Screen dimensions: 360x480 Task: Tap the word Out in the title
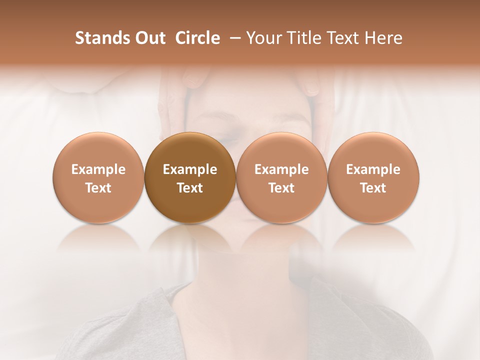pos(149,38)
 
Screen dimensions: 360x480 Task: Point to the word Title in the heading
pos(301,38)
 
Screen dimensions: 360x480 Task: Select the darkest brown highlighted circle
pos(190,178)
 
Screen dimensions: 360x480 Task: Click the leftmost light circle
pos(98,178)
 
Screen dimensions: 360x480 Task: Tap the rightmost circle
pos(373,178)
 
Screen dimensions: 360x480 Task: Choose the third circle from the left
pos(281,178)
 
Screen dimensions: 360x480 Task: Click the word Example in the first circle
pos(98,169)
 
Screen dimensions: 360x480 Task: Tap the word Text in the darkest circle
pos(190,188)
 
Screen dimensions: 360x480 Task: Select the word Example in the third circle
pos(281,169)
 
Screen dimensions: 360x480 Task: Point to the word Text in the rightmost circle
pos(373,188)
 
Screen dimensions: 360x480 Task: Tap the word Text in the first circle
pos(98,188)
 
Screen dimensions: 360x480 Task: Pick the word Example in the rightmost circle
pos(373,169)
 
